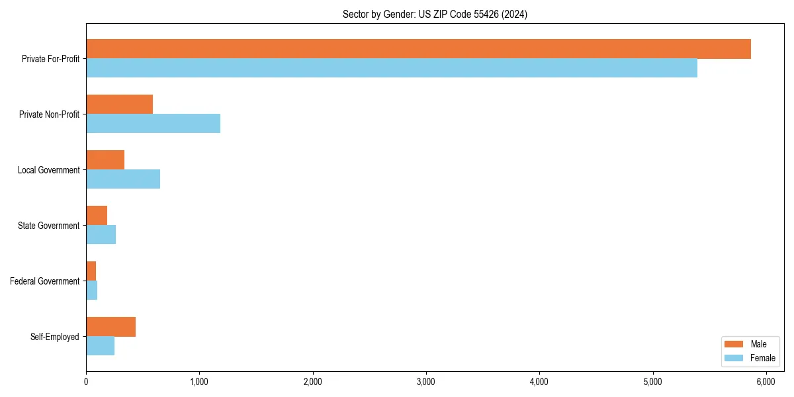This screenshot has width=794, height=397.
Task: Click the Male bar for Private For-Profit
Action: pos(418,49)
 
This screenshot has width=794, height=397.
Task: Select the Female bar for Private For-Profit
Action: pos(392,67)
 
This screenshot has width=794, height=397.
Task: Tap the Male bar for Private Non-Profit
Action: pos(119,105)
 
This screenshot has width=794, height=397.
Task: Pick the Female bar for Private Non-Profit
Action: pos(153,123)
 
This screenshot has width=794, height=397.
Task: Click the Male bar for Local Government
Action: pos(105,160)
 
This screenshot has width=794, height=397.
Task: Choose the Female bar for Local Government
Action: pos(123,179)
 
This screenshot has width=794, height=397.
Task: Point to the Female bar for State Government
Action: pos(101,234)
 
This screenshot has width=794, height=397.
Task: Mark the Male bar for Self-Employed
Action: pos(110,327)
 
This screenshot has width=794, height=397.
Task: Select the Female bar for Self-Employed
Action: pos(100,345)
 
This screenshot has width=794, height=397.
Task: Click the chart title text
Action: pos(435,14)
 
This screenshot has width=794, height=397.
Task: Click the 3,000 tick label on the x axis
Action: pos(426,382)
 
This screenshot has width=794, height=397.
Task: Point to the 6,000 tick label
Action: pos(766,382)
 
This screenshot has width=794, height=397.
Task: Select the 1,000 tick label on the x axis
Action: pos(199,382)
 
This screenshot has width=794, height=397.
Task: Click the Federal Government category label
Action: pos(45,281)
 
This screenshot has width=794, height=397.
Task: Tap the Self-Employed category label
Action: pos(55,337)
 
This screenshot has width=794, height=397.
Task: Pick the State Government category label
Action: pos(49,226)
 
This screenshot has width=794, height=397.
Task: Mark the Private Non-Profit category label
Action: pos(49,114)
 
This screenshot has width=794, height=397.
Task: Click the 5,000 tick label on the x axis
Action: pos(652,382)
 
